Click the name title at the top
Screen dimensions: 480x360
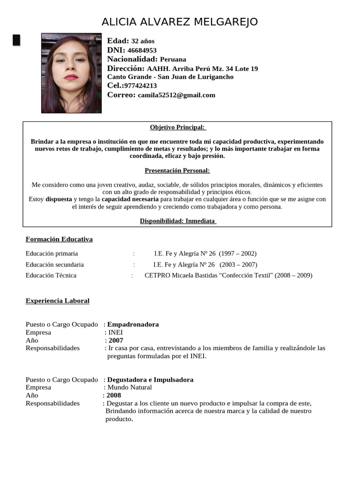(180, 22)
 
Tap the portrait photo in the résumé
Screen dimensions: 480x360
(71, 73)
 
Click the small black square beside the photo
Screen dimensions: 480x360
(16, 40)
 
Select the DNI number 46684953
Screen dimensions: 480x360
(142, 50)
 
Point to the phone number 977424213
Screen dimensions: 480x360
(140, 86)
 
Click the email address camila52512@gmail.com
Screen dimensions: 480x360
(176, 95)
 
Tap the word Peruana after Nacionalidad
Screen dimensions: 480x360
(173, 60)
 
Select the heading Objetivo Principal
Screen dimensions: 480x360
(177, 127)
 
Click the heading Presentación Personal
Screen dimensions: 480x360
(177, 171)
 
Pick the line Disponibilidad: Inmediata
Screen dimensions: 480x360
(177, 221)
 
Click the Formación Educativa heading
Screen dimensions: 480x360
(59, 240)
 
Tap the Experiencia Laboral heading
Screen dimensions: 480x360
(57, 301)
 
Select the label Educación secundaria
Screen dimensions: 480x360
(55, 264)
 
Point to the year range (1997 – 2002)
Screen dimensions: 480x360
(238, 254)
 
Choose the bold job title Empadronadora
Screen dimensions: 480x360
(133, 324)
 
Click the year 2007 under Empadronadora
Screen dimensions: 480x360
(116, 341)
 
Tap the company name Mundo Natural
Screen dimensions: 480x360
(130, 388)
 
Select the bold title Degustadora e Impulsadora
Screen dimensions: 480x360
(150, 380)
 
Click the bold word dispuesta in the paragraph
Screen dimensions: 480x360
(59, 199)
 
